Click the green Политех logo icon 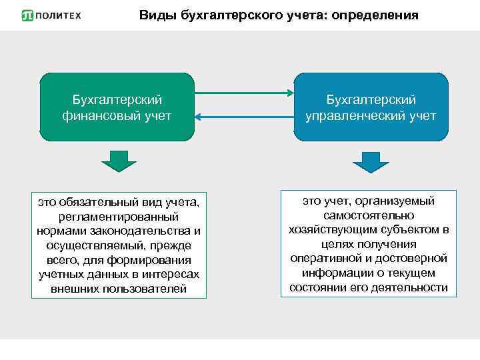(x=27, y=15)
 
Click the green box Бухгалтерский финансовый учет (x=117, y=107)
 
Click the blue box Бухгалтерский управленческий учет (x=371, y=107)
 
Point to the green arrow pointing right (x=244, y=93)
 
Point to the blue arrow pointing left (x=244, y=118)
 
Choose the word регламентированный (x=119, y=217)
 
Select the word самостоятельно (x=369, y=215)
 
